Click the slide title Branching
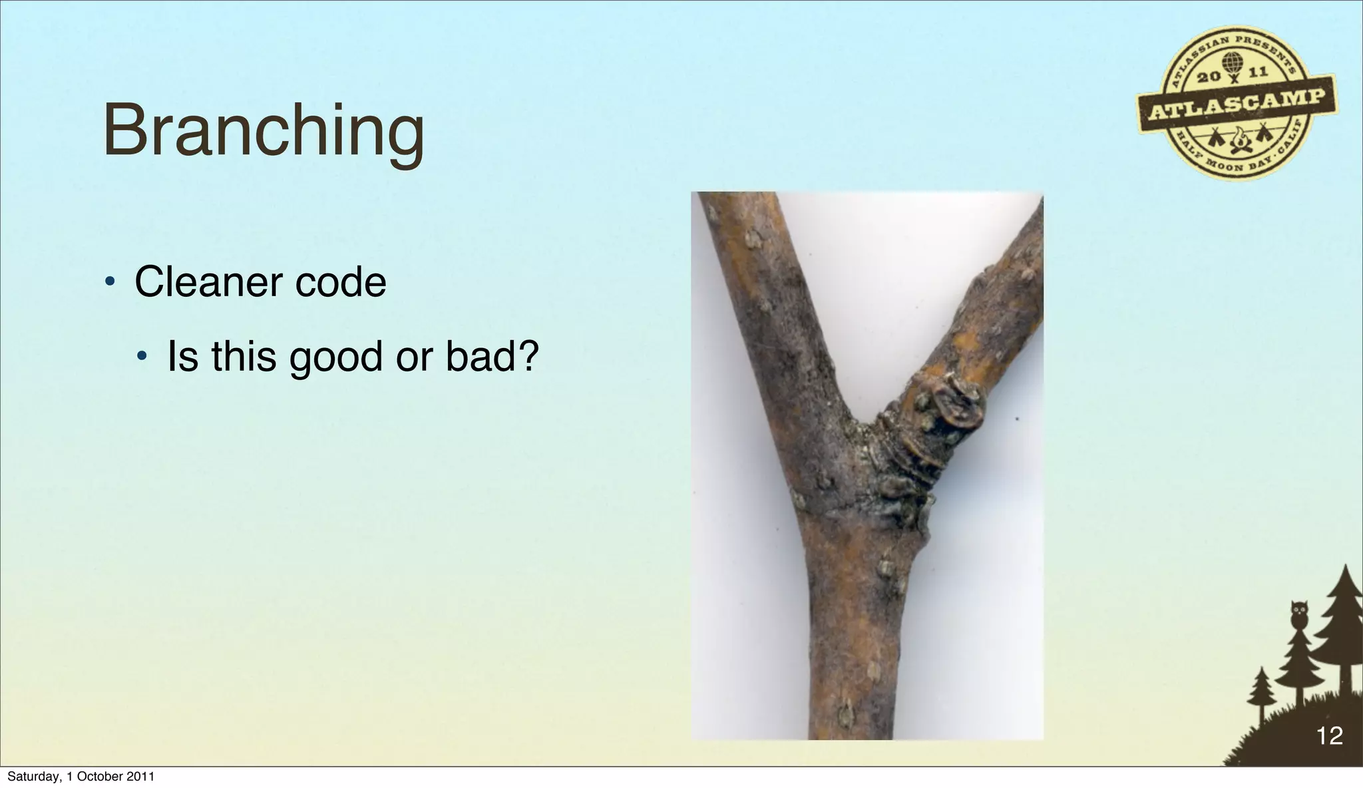pos(264,132)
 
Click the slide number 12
pos(1329,736)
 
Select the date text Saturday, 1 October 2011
pos(81,776)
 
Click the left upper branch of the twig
pos(772,299)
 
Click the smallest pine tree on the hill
pos(1261,692)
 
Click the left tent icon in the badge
pos(1217,138)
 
